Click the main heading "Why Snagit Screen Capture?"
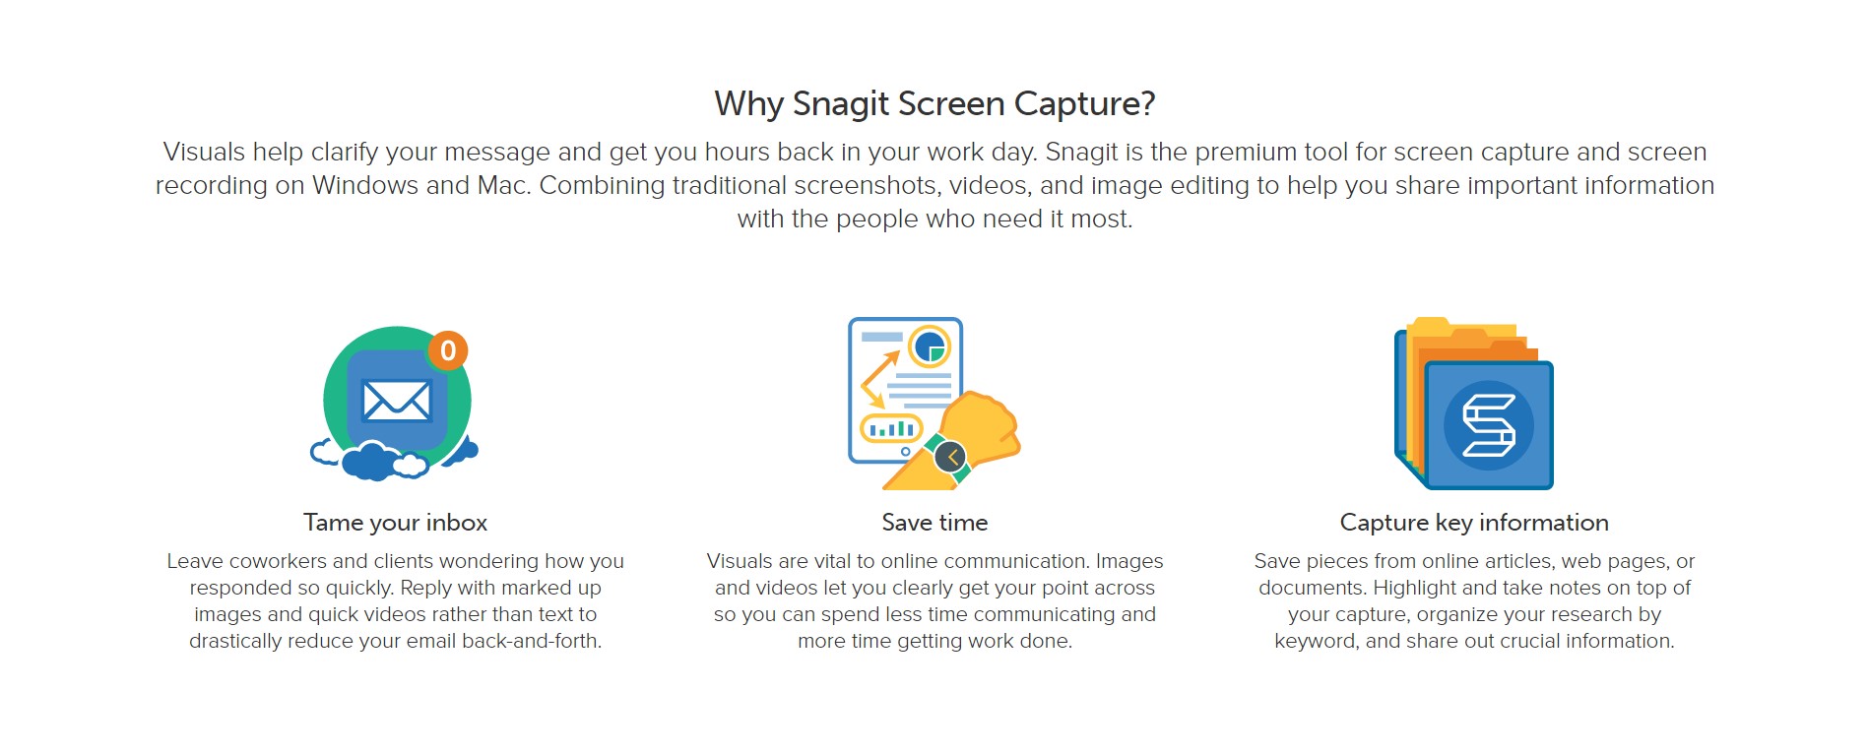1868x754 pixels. (934, 104)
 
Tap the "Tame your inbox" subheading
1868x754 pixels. (395, 523)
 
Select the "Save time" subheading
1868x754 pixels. (934, 523)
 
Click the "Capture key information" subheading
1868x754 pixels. (1474, 523)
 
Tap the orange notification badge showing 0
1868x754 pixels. (448, 350)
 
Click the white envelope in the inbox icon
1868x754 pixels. (396, 401)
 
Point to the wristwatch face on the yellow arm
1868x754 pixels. (950, 457)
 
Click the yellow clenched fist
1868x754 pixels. (986, 426)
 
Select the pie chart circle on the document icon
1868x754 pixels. (929, 346)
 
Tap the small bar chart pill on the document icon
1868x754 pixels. (891, 429)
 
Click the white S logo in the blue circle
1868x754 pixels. (1488, 425)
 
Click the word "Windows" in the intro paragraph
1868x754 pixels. (364, 186)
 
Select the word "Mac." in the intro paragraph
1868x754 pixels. (504, 186)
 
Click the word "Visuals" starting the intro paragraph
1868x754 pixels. (204, 153)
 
